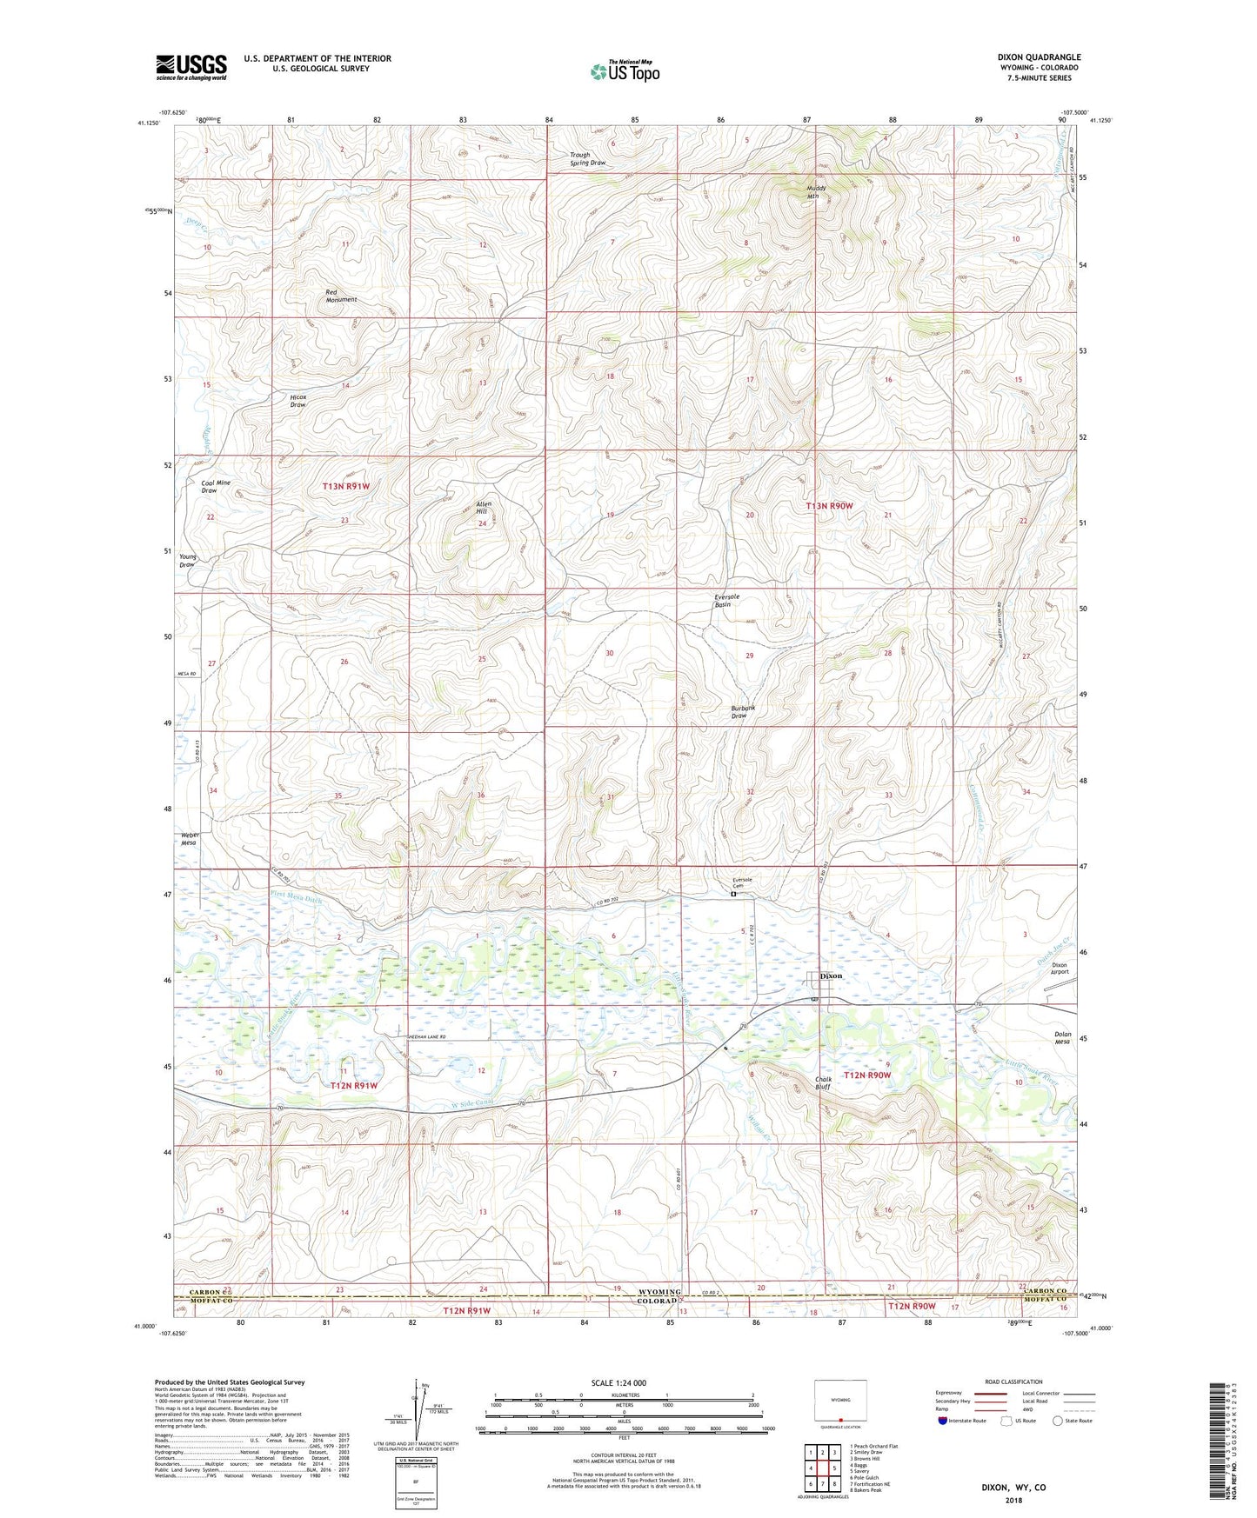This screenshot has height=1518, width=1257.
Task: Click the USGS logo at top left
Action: [x=191, y=67]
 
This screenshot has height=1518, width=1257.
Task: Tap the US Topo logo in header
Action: [x=624, y=71]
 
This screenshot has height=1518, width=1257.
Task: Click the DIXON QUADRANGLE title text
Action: [x=1039, y=57]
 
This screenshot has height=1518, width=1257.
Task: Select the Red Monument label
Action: [x=341, y=296]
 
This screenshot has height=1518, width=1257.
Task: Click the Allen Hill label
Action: [x=484, y=508]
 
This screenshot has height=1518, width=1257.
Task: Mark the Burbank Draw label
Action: [x=743, y=711]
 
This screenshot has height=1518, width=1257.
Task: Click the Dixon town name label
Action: [x=832, y=975]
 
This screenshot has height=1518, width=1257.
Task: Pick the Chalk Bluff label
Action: [x=823, y=1083]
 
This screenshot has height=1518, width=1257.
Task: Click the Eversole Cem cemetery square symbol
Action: [x=733, y=894]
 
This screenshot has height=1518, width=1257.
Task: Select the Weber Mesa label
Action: [x=190, y=839]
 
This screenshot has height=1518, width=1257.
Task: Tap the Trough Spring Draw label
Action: [x=587, y=158]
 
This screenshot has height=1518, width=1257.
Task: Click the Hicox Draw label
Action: [x=298, y=400]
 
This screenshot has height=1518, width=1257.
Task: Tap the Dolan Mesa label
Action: [x=1062, y=1037]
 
